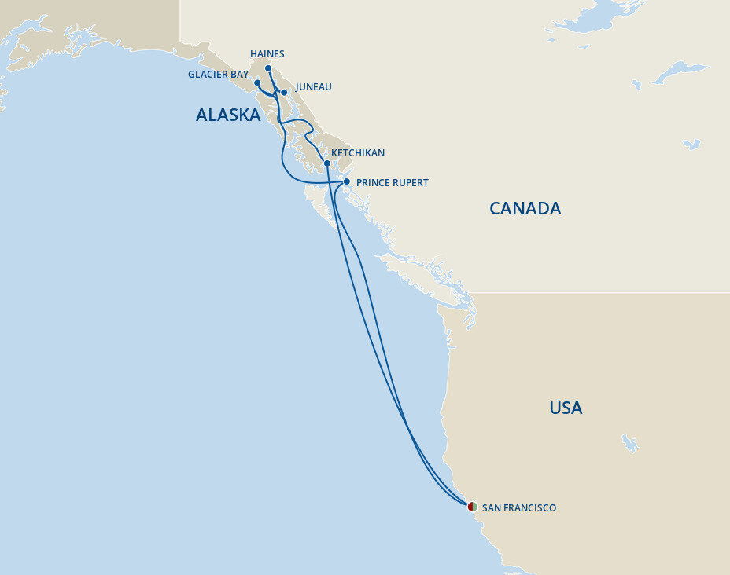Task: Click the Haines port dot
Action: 268,68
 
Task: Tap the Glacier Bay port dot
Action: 257,82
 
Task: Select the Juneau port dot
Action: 284,93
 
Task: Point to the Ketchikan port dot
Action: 327,163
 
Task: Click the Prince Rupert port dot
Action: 347,181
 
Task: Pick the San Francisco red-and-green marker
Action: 472,507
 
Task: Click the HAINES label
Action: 267,54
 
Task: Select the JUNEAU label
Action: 312,87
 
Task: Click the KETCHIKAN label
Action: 358,153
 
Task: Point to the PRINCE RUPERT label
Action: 393,183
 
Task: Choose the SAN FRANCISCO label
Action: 519,508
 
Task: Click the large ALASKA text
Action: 228,115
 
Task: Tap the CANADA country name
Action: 525,208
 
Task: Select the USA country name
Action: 566,408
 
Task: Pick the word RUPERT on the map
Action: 411,183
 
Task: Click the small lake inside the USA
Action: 629,443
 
